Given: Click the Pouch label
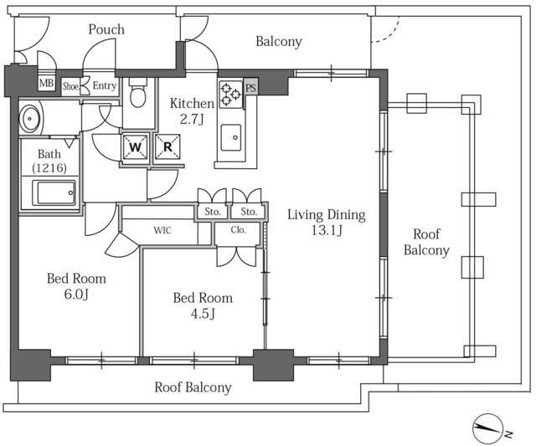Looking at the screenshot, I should tap(106, 30).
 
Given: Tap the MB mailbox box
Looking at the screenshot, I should tap(46, 84).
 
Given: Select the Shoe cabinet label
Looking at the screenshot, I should tap(70, 85).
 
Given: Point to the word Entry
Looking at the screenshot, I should tap(104, 85).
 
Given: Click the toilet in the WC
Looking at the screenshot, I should tap(138, 94).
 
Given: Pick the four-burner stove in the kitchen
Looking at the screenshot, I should tap(230, 94).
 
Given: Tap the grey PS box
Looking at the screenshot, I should tap(251, 88).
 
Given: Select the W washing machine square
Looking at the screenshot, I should tap(136, 147).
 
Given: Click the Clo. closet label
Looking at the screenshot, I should tap(238, 229).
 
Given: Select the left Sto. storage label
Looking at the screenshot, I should tap(213, 212).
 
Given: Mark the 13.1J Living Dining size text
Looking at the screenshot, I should tap(327, 232).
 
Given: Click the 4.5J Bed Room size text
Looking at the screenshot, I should tap(203, 314).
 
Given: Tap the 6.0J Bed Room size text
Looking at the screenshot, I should tap(76, 295).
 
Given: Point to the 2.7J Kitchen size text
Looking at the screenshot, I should tap(192, 119).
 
